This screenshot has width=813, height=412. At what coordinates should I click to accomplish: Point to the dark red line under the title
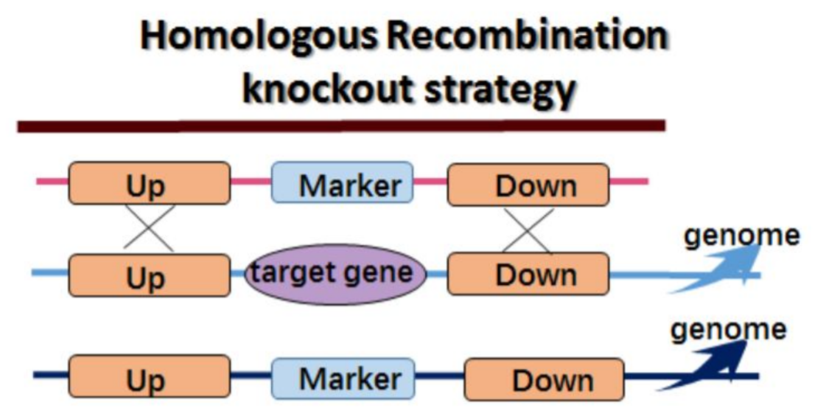click(341, 125)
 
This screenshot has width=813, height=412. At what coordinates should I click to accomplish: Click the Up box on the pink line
click(149, 184)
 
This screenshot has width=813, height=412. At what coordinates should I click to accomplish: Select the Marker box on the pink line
click(342, 184)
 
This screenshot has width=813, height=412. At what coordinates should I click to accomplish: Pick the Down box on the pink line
click(528, 184)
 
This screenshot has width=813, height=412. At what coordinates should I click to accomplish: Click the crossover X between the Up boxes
click(149, 228)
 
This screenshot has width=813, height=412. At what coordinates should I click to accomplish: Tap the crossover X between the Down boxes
click(528, 230)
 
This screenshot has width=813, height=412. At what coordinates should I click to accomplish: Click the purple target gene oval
click(335, 274)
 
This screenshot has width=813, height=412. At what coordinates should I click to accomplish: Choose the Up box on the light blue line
click(149, 275)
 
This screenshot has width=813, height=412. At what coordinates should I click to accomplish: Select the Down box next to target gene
click(528, 274)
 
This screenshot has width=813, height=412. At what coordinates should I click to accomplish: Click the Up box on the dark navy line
click(149, 377)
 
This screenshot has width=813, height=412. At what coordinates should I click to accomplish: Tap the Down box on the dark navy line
click(544, 379)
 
